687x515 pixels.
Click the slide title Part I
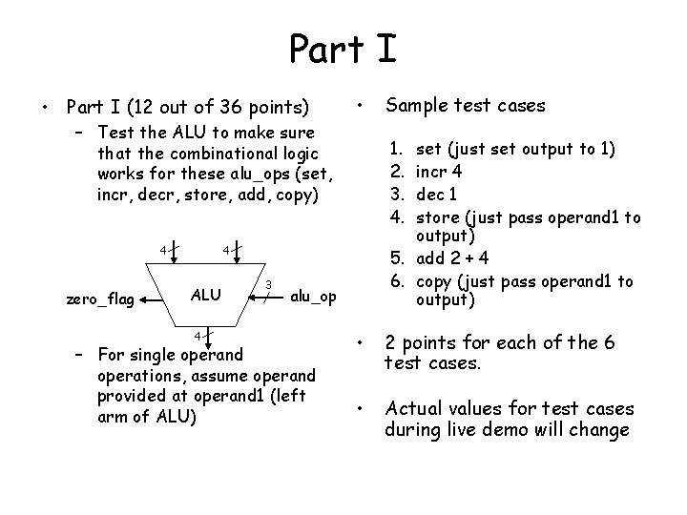(343, 46)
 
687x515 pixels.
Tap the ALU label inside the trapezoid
(208, 294)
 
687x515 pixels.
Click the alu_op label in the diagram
(312, 297)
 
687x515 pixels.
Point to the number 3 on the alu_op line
(269, 284)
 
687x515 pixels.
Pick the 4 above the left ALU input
(163, 251)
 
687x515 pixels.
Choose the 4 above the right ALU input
(226, 251)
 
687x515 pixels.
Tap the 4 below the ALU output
(197, 336)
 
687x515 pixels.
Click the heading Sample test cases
(465, 106)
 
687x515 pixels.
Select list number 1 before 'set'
(396, 149)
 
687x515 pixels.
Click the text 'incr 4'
(441, 172)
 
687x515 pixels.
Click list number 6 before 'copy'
(396, 281)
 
